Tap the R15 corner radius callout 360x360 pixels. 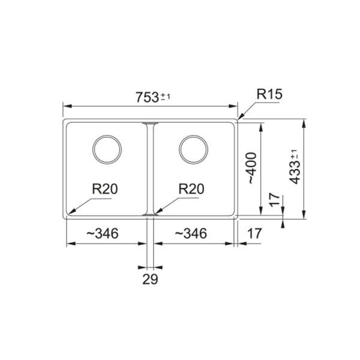(x=269, y=94)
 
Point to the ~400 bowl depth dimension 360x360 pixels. (x=251, y=168)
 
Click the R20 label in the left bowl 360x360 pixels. (x=104, y=189)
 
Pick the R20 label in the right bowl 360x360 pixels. (x=191, y=189)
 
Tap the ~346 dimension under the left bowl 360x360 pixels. (x=103, y=233)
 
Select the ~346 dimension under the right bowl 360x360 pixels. (x=191, y=233)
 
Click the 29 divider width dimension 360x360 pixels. (x=151, y=279)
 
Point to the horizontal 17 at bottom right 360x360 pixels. (x=254, y=233)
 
